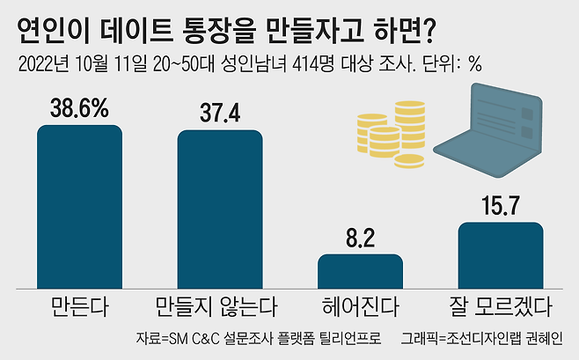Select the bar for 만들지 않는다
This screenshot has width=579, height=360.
coord(220,208)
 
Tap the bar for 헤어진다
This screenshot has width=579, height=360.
coord(360,269)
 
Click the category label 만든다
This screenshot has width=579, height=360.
coord(79,307)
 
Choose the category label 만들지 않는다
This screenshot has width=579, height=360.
coord(220,307)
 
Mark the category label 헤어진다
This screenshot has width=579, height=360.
coord(361,307)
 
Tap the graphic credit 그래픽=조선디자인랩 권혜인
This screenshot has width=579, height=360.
coord(484,339)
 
